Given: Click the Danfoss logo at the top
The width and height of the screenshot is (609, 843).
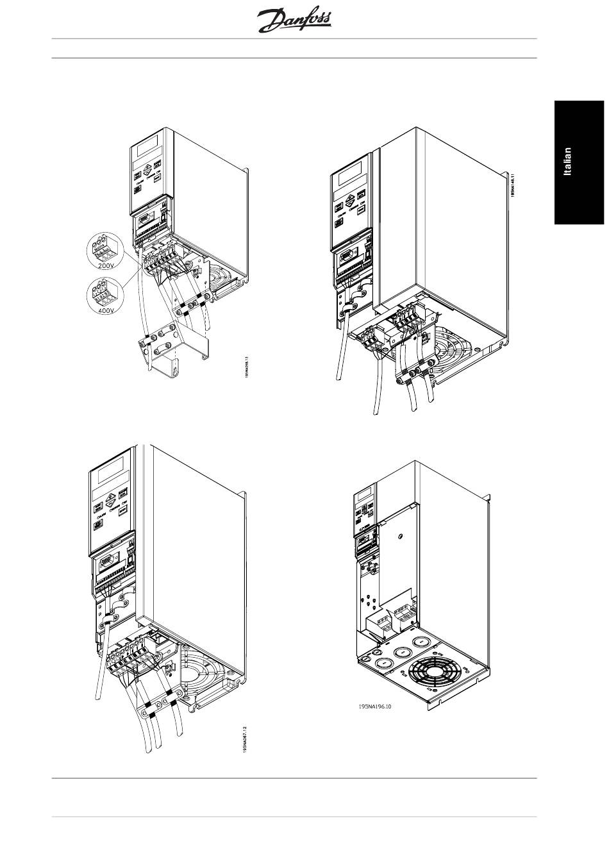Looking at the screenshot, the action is pos(294,21).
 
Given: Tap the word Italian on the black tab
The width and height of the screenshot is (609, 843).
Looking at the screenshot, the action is pos(567,162).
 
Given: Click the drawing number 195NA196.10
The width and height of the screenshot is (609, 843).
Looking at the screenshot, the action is pos(380,707).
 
